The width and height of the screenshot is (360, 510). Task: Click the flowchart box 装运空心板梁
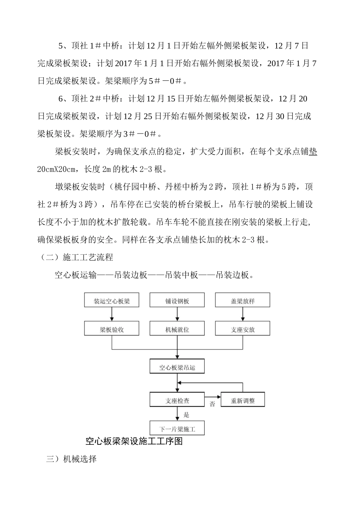click(112, 301)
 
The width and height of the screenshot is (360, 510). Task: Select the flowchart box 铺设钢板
click(177, 301)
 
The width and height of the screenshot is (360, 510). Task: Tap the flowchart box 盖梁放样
click(243, 301)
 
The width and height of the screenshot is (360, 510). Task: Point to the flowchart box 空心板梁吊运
click(177, 367)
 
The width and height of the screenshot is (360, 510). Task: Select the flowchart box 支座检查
click(177, 400)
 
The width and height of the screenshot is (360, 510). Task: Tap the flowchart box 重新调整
click(243, 400)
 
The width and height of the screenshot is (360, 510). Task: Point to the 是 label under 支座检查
click(186, 415)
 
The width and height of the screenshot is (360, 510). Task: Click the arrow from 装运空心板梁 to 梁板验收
click(112, 314)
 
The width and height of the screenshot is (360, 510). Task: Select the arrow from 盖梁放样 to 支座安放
click(243, 314)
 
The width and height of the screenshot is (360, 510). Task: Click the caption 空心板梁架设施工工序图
click(134, 441)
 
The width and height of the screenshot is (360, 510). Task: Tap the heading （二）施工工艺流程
click(77, 258)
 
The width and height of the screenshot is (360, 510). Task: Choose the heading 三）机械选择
click(71, 459)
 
